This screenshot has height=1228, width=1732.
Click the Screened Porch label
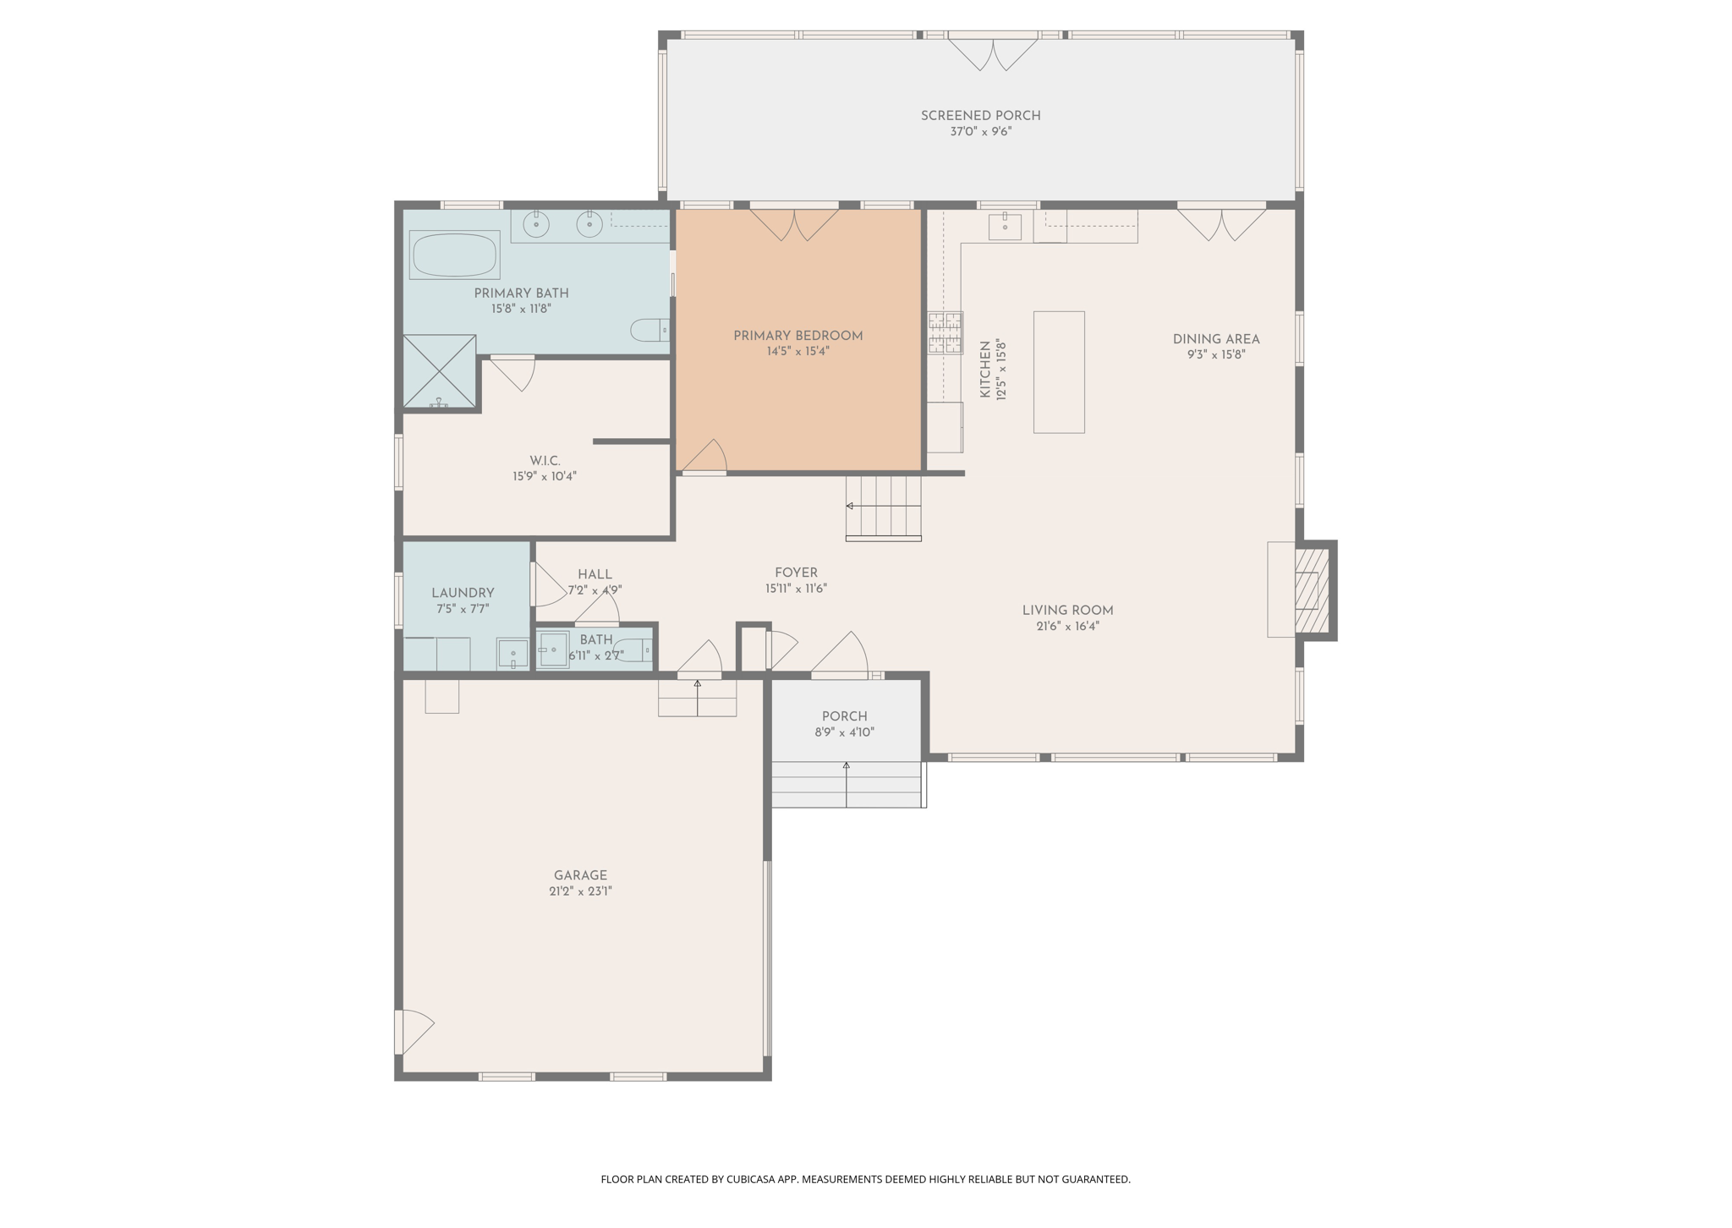980,116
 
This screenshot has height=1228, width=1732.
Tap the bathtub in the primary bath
454,255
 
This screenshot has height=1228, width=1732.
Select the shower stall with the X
439,371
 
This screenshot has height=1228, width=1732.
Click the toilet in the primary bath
649,330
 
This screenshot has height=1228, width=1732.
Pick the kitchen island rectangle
1059,372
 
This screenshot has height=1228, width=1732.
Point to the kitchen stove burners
945,332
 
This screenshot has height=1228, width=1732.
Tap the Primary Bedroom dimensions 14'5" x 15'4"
797,352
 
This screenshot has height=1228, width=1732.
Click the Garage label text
580,875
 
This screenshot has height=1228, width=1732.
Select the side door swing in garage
414,1031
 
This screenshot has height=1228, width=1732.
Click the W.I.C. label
545,461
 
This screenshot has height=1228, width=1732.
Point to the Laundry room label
463,593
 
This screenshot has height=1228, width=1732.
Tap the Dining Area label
1215,339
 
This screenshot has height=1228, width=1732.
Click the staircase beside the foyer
883,507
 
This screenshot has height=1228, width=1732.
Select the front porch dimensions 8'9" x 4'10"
844,732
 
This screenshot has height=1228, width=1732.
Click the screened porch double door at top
992,52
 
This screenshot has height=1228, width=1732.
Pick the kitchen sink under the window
1005,227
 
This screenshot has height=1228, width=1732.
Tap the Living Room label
1067,611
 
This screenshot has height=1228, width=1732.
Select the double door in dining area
1221,223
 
